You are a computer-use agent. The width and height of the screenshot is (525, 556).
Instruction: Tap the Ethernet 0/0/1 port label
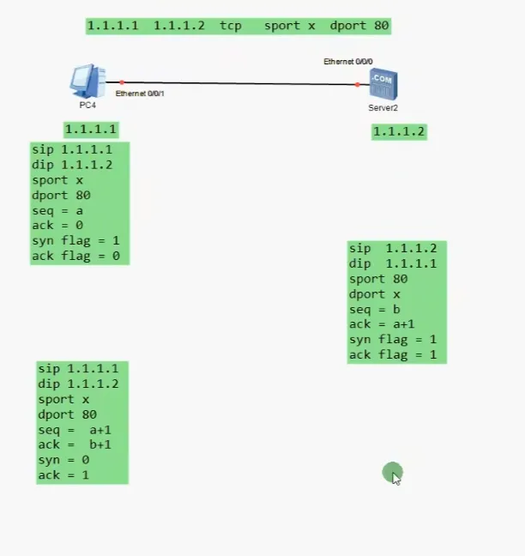(x=140, y=93)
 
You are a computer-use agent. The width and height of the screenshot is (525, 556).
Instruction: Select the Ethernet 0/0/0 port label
(x=347, y=62)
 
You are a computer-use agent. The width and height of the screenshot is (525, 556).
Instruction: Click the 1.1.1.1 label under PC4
(x=90, y=130)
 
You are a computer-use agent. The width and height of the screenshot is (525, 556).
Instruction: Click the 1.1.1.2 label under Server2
(x=399, y=131)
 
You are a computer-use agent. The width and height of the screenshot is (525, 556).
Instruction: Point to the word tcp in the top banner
(x=231, y=26)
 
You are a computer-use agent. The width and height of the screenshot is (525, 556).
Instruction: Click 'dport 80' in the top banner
(x=359, y=26)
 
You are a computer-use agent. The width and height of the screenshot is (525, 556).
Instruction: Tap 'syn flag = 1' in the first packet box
(x=75, y=241)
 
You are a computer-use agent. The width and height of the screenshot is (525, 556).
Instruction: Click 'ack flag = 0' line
(x=75, y=257)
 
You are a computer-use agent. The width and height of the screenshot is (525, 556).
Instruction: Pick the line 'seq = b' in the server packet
(x=375, y=309)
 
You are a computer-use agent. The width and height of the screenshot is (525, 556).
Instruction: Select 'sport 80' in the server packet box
(x=378, y=279)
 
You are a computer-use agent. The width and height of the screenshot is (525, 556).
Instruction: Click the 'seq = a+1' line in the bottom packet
(x=75, y=430)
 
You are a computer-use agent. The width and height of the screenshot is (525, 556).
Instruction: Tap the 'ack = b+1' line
(x=75, y=444)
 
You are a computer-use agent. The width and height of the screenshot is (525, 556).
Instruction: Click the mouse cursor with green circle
(x=393, y=473)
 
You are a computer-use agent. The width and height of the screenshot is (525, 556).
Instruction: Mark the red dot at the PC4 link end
(x=122, y=82)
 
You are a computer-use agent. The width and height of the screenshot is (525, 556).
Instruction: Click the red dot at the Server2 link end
(x=357, y=84)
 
